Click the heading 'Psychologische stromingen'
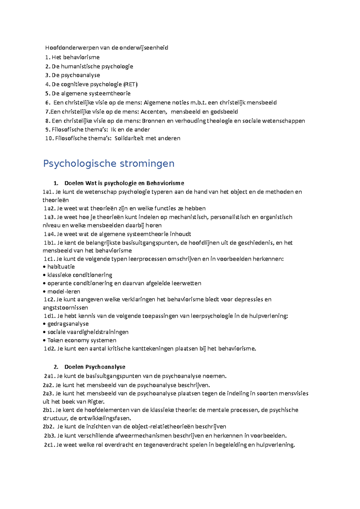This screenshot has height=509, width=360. pos(109,164)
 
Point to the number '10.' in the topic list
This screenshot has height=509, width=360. pos(49,138)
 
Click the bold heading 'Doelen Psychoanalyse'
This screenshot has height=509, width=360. pos(95,367)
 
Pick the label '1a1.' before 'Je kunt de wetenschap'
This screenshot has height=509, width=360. pos(48,192)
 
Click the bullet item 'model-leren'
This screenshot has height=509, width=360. pos(64,291)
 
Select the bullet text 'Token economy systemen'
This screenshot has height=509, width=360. pos(82,340)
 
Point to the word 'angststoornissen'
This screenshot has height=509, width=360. pos(65,308)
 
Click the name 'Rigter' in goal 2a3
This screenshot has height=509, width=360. pos(95,402)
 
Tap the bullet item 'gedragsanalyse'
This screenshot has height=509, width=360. pos(68,324)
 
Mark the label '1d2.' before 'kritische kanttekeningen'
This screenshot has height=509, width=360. pos(49,349)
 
